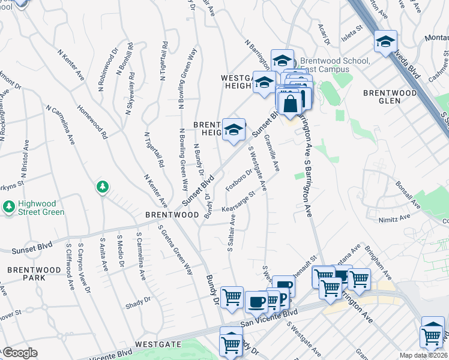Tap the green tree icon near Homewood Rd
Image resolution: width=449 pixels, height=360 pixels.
(x=103, y=187)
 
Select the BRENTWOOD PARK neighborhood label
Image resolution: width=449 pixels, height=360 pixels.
(x=34, y=274)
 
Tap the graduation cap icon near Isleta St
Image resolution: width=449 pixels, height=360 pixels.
(x=385, y=41)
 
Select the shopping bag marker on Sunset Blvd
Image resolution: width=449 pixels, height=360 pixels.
(x=290, y=103)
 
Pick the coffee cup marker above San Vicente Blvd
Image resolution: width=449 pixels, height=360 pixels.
(x=257, y=301)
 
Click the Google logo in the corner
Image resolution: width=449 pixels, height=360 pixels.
(x=20, y=353)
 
